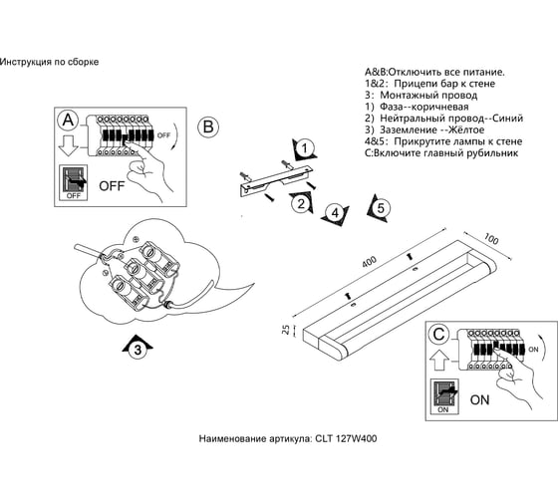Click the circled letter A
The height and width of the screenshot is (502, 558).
[x=68, y=120]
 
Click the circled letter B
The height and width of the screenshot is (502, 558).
[x=208, y=126]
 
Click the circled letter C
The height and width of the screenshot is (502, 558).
[x=439, y=334]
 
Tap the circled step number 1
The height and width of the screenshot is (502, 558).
[x=304, y=148]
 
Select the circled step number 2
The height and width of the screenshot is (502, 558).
[x=301, y=204]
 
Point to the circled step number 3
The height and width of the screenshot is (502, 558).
[x=138, y=350]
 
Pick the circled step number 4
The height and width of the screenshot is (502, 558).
[x=335, y=213]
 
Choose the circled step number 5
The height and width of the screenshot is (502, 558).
[x=381, y=208]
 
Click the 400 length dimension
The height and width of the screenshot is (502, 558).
[x=369, y=262]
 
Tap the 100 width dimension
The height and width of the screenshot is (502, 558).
[x=491, y=239]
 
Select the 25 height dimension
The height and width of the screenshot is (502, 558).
[x=286, y=330]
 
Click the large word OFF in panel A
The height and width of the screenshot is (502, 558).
[x=112, y=185]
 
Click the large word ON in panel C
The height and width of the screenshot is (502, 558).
[x=479, y=399]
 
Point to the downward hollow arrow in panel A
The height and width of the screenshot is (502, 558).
[x=68, y=145]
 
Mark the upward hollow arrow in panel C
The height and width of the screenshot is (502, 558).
[x=439, y=360]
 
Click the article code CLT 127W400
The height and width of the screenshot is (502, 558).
[x=346, y=438]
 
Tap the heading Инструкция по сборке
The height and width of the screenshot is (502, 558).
[x=49, y=62]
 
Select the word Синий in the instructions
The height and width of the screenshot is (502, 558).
[x=508, y=119]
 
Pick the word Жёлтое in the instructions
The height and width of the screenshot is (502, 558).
[x=466, y=129]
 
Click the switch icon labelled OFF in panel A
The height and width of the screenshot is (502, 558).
[x=74, y=182]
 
